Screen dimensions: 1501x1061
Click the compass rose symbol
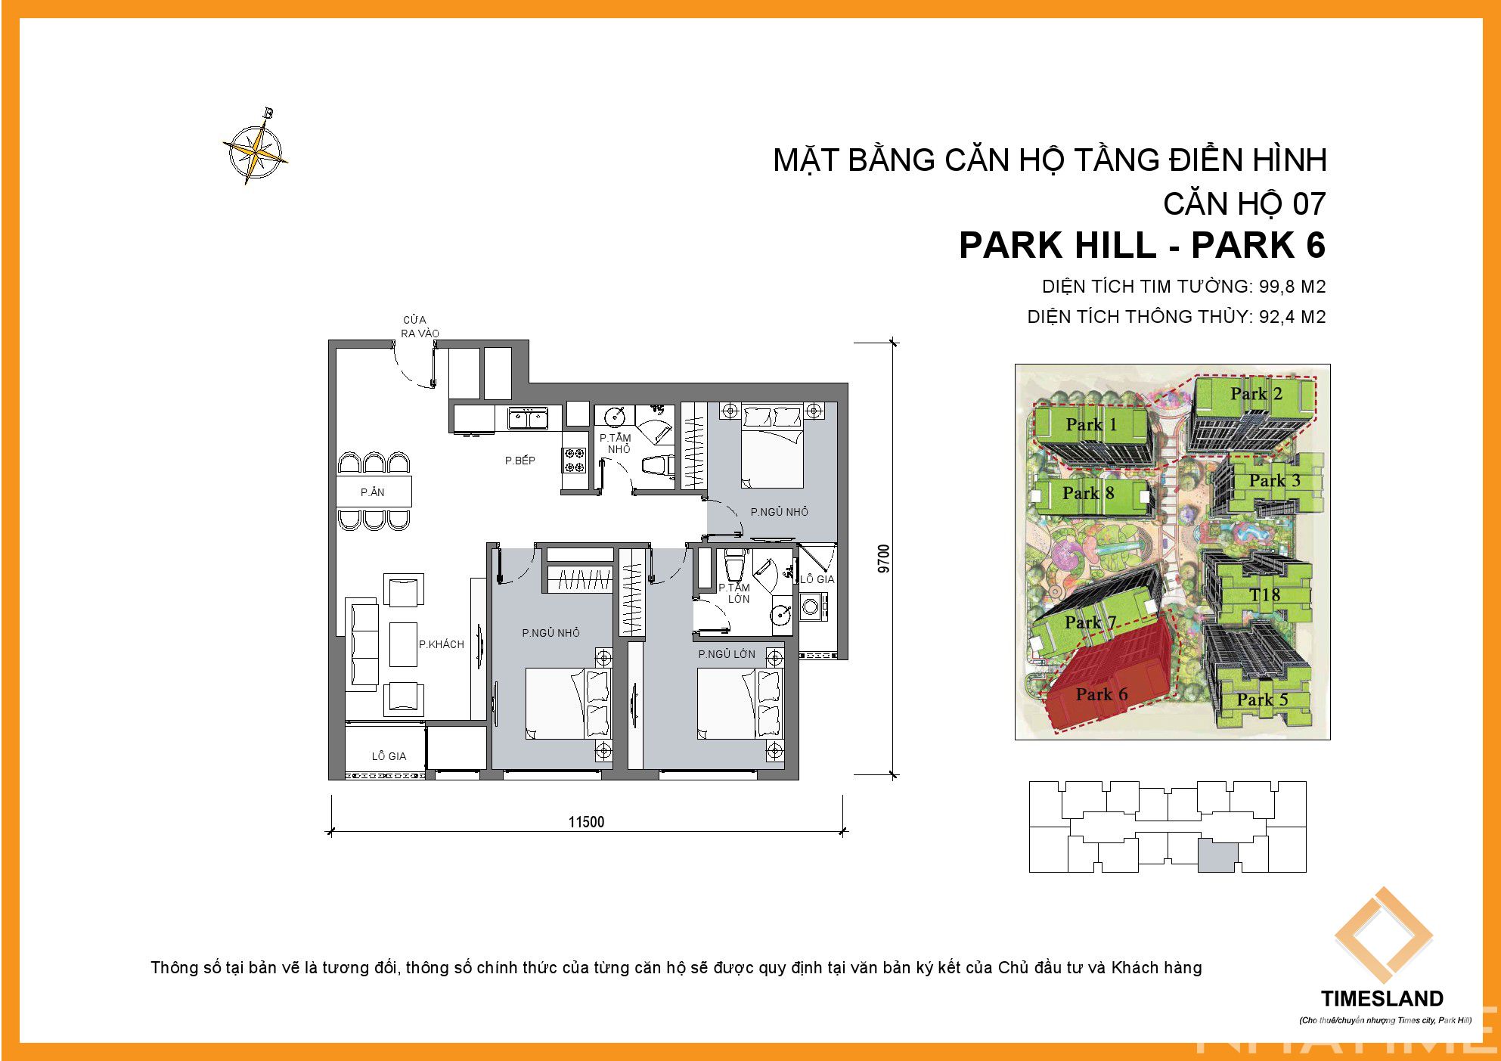pyautogui.click(x=256, y=147)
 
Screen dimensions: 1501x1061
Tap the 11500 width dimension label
pyautogui.click(x=586, y=822)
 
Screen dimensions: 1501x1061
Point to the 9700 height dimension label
pyautogui.click(x=884, y=559)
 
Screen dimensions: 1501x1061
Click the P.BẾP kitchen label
pyautogui.click(x=520, y=461)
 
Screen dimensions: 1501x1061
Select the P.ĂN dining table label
pyautogui.click(x=373, y=492)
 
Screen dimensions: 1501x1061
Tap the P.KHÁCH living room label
pyautogui.click(x=442, y=644)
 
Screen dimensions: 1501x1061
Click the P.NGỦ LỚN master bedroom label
pyautogui.click(x=727, y=654)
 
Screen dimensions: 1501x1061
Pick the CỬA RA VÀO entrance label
pyautogui.click(x=419, y=327)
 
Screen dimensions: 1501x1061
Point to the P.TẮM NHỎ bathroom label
pyautogui.click(x=616, y=443)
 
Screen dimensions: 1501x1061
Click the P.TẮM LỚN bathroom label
pyautogui.click(x=735, y=593)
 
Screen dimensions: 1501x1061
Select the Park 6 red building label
pyautogui.click(x=1102, y=694)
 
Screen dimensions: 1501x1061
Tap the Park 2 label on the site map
pyautogui.click(x=1257, y=393)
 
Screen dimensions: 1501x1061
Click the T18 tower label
pyautogui.click(x=1265, y=595)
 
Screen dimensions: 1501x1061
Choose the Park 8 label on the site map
pyautogui.click(x=1088, y=493)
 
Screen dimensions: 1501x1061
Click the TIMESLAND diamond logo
pyautogui.click(x=1383, y=936)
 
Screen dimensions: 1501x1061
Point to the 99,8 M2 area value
pyautogui.click(x=1292, y=287)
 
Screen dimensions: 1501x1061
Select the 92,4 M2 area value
pyautogui.click(x=1292, y=317)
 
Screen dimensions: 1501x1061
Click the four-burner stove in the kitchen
pyautogui.click(x=574, y=461)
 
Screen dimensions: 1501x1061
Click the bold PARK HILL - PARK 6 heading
pyautogui.click(x=1143, y=245)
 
